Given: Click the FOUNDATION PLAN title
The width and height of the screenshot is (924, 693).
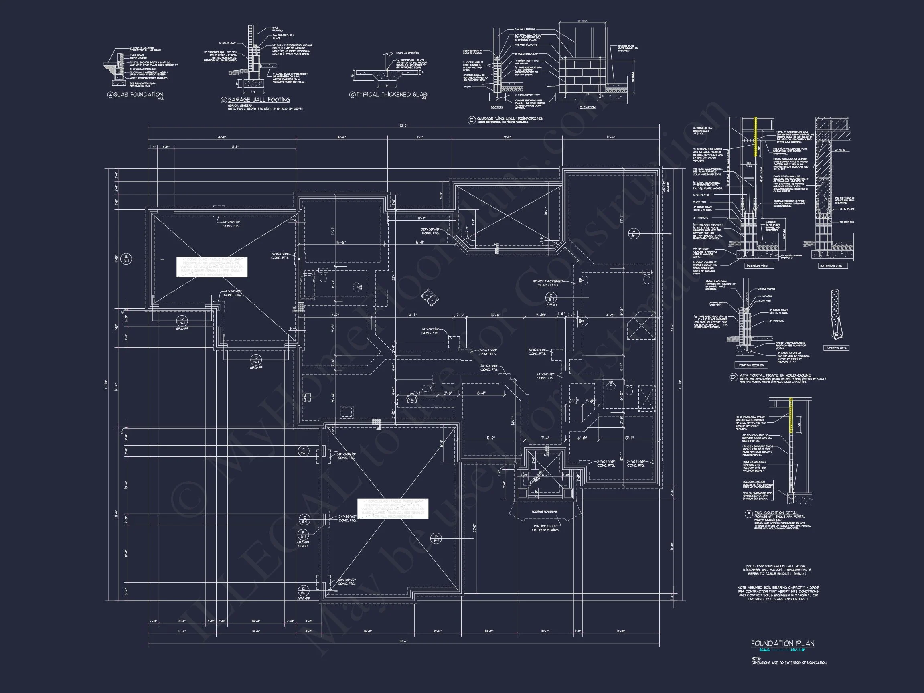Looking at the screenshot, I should (782, 643).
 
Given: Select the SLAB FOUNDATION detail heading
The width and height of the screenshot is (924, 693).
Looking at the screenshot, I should (138, 95).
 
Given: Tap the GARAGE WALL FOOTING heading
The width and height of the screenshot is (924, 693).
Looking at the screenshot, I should (258, 100).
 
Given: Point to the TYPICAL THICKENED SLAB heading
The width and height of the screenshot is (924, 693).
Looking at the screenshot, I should (391, 95).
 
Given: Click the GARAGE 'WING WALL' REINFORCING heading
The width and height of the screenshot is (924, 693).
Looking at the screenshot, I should (510, 119).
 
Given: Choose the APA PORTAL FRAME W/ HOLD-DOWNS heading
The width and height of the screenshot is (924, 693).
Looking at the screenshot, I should (775, 375).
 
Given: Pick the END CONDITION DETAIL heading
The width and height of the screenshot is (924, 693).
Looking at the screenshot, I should (776, 513).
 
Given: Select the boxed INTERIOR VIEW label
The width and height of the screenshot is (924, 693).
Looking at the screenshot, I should (756, 265).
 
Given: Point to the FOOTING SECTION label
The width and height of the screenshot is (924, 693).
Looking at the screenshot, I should (752, 365).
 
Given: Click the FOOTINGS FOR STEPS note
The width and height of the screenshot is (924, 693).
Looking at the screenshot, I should (544, 511).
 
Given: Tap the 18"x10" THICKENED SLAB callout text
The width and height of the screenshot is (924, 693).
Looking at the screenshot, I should (548, 283).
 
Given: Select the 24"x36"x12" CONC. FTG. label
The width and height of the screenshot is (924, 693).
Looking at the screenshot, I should (348, 519).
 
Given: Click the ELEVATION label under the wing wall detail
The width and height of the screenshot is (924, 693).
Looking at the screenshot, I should (587, 107).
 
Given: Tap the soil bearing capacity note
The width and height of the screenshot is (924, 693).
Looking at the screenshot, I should (777, 593).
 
